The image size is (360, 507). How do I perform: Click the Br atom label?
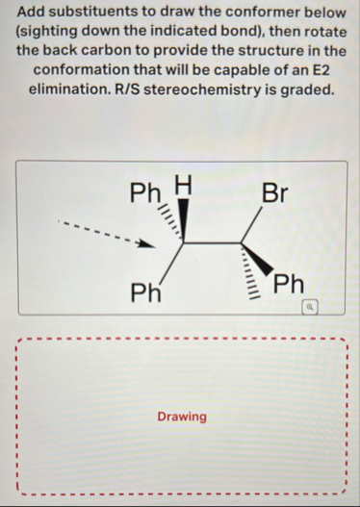tap(273, 191)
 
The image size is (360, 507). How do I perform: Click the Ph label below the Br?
tap(289, 285)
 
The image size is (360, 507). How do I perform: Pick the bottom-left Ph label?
tap(146, 292)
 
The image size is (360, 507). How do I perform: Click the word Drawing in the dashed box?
tap(182, 416)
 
